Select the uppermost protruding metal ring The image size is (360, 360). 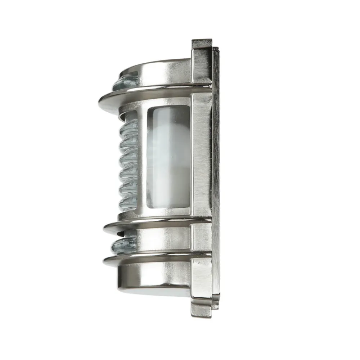[151, 93]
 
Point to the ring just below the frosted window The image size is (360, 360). [155, 222]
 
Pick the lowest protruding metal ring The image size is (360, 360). [155, 257]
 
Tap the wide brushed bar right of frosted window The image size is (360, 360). [202, 158]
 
